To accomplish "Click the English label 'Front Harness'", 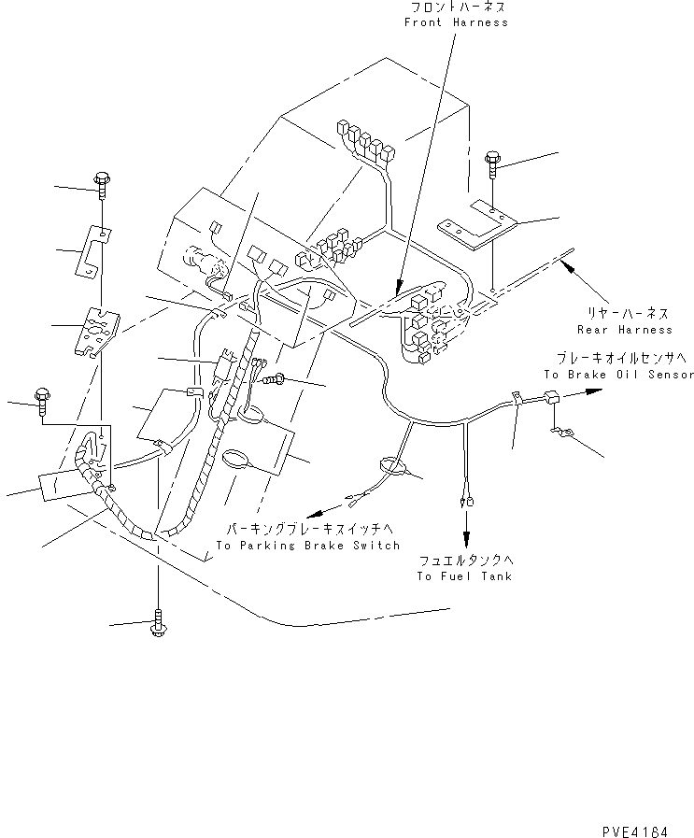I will click(x=456, y=21).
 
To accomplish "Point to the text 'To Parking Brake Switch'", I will click(x=307, y=545).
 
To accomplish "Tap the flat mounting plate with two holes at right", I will click(x=477, y=224).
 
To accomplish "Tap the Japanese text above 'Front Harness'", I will click(x=456, y=7).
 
